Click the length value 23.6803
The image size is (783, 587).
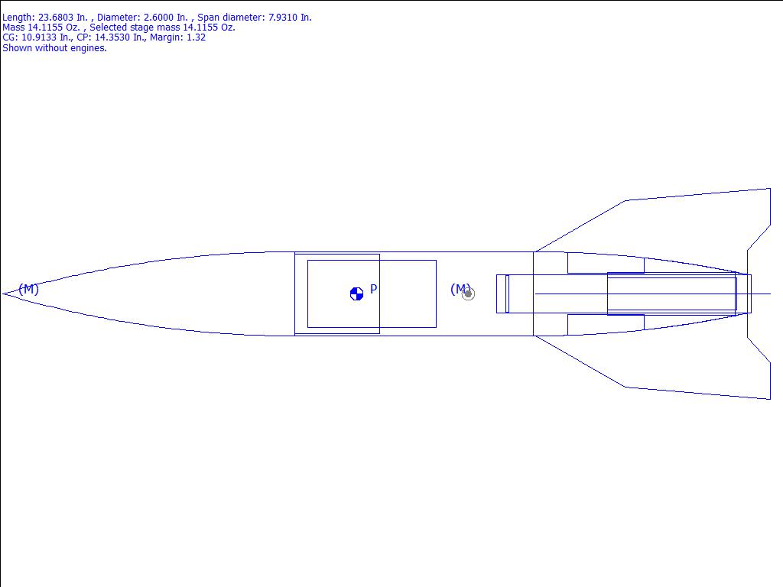click(x=55, y=18)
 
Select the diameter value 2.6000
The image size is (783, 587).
click(x=157, y=18)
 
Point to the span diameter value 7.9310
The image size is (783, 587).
click(x=283, y=18)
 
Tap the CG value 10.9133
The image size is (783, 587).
click(x=39, y=37)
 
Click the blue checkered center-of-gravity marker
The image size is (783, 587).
click(x=356, y=294)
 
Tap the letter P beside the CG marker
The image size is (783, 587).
click(x=373, y=289)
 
